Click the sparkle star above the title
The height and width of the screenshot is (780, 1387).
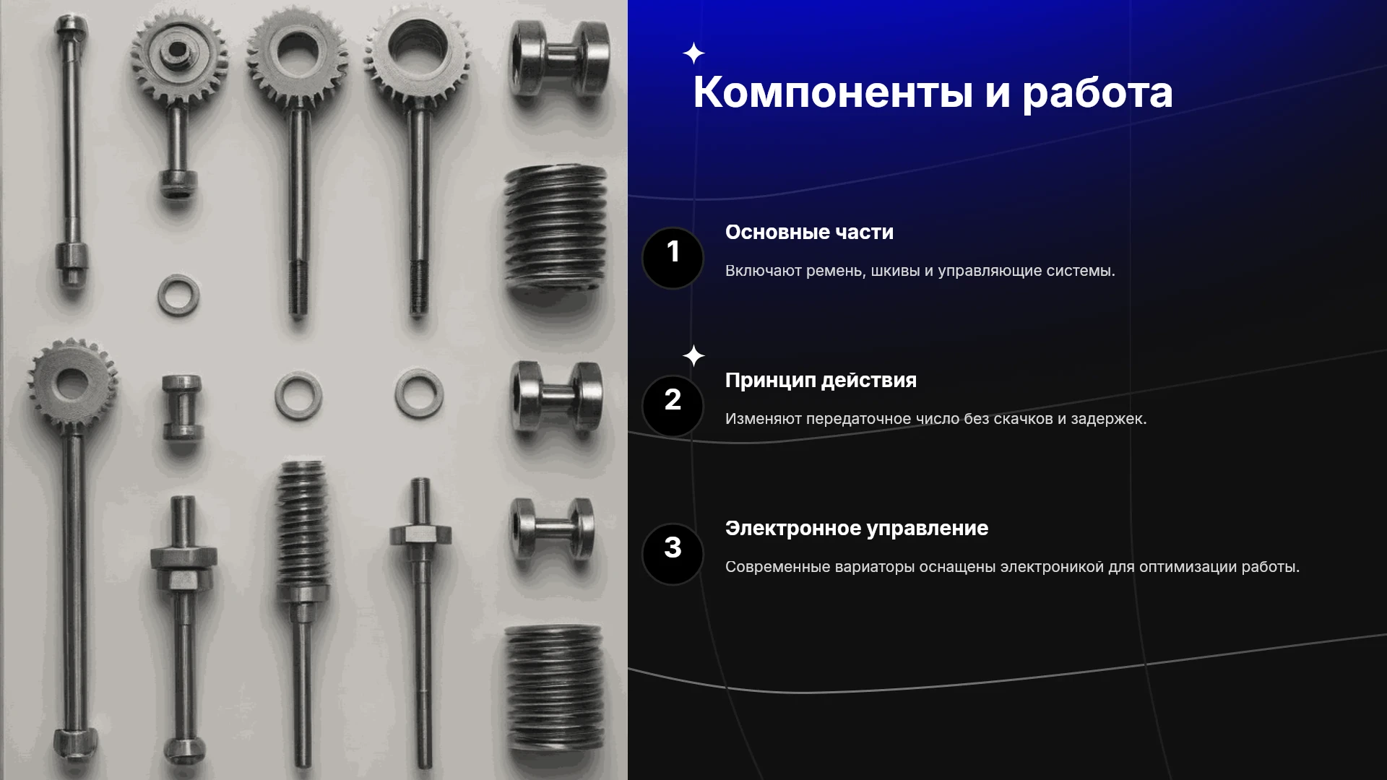coord(693,53)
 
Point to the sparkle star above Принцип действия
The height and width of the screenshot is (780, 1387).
coord(693,356)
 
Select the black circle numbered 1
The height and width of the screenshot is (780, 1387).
coord(673,258)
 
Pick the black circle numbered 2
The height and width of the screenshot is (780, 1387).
coord(673,406)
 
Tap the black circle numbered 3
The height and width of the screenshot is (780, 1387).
coord(673,554)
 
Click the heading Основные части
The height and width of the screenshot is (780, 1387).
coord(809,233)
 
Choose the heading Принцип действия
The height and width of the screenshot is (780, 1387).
coord(821,381)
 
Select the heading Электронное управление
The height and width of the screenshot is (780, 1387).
coord(857,529)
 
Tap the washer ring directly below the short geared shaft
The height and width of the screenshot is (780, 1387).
coord(178,295)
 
